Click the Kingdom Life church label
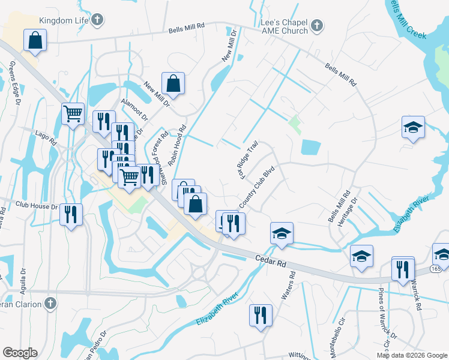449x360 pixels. tap(68, 20)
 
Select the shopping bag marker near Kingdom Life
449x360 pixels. tap(35, 41)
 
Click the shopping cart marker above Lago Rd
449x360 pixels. tap(73, 113)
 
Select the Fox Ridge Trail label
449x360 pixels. tap(249, 160)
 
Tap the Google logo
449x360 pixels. tap(20, 353)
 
